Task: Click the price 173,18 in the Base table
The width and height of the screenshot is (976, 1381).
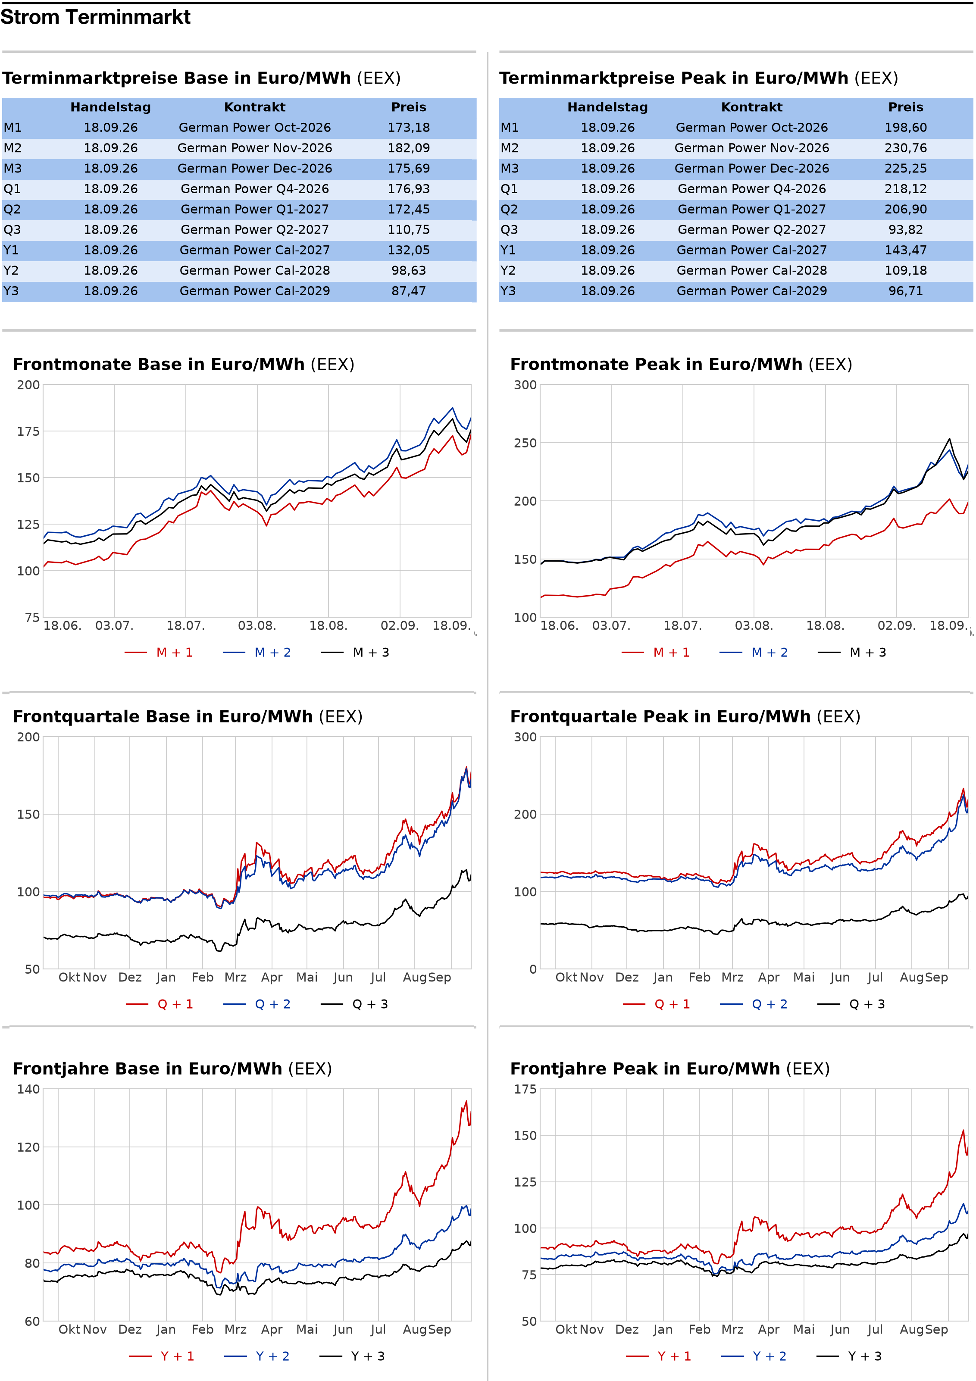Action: [x=409, y=128]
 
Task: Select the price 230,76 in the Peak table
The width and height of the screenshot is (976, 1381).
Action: [x=906, y=148]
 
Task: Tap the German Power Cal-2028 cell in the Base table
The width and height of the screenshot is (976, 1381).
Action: [x=254, y=271]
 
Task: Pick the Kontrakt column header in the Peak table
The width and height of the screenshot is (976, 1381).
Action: [x=751, y=107]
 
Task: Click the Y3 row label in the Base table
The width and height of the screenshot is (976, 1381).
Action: [x=11, y=291]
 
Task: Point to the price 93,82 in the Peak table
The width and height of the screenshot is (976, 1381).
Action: [x=906, y=230]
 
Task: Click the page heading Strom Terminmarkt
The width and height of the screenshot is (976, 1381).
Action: [x=95, y=17]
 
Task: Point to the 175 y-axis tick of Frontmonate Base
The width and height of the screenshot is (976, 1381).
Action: [x=28, y=431]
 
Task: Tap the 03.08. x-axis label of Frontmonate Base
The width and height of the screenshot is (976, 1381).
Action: [x=257, y=625]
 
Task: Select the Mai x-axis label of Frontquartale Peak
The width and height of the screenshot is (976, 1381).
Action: [x=804, y=978]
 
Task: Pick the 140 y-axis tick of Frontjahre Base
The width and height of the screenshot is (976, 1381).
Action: [x=28, y=1089]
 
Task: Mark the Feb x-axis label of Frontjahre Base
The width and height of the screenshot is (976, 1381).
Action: [x=203, y=1329]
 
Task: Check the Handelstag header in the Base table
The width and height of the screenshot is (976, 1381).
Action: [x=111, y=107]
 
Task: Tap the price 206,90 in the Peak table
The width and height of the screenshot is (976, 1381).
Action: [x=906, y=209]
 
